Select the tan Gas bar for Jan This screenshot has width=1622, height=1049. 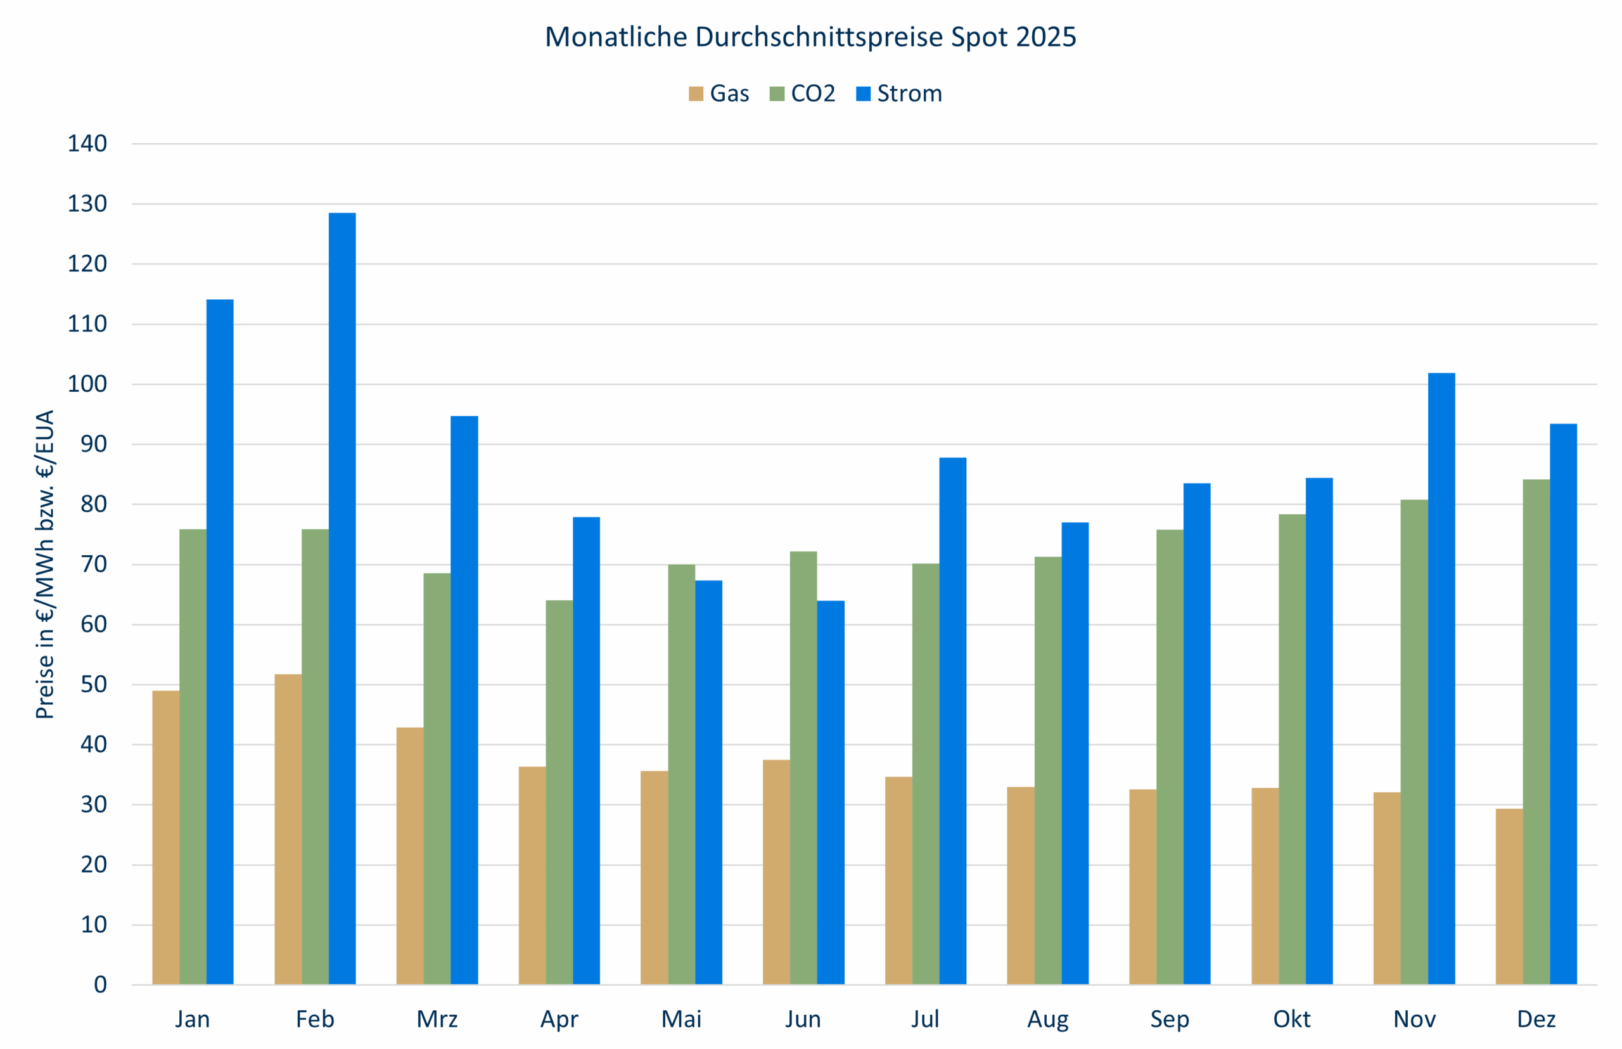[x=165, y=837]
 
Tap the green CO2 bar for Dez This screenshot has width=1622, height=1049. [x=1536, y=731]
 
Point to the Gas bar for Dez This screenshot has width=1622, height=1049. [x=1509, y=896]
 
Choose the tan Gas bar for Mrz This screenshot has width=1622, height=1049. [x=410, y=856]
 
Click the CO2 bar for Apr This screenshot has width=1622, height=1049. [x=559, y=792]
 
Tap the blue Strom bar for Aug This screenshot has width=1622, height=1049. [x=1075, y=754]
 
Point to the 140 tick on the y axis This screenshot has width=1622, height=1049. [x=87, y=144]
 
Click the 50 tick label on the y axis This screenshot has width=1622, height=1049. [x=93, y=685]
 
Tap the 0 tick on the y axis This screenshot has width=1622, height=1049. [x=100, y=985]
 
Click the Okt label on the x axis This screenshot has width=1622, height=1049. [x=1291, y=1019]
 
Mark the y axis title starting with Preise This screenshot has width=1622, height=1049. [x=45, y=564]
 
